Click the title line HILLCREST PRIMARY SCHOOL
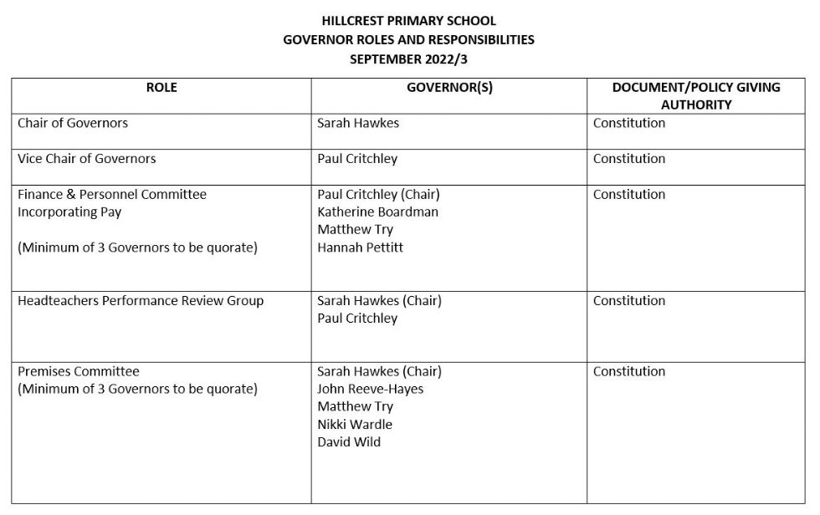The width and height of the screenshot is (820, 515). click(408, 21)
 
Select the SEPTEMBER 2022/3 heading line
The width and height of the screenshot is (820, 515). click(408, 59)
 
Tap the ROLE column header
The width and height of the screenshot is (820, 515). click(161, 88)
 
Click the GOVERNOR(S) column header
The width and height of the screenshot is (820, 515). click(449, 88)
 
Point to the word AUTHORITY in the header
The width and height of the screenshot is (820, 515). click(695, 105)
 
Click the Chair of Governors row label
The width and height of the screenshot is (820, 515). click(73, 123)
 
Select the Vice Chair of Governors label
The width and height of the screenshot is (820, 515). click(87, 159)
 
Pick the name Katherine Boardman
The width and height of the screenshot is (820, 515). click(377, 212)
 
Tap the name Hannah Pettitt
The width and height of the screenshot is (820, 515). click(360, 247)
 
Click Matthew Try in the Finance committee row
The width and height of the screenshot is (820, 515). click(355, 230)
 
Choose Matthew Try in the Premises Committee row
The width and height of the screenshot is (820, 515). click(355, 407)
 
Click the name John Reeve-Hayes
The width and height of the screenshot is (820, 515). click(370, 390)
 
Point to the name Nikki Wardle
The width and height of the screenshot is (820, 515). click(355, 425)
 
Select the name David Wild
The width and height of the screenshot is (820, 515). click(349, 442)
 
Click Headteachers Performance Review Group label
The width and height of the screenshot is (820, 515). click(141, 301)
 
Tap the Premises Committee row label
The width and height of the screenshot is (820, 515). click(79, 372)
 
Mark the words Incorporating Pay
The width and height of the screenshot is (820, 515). click(69, 212)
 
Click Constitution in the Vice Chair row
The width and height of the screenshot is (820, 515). click(629, 159)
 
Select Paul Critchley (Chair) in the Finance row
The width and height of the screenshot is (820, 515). click(378, 195)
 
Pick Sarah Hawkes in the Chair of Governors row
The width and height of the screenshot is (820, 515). click(358, 123)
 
